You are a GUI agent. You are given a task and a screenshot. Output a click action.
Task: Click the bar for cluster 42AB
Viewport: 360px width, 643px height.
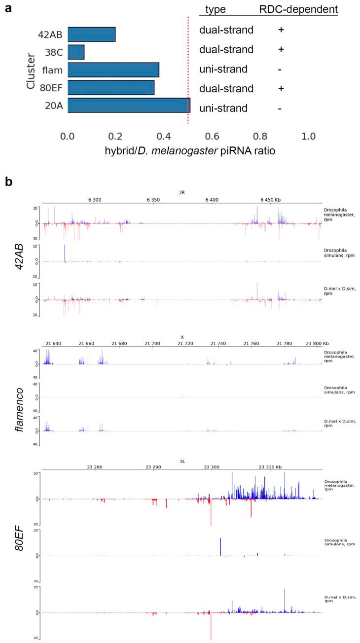pyautogui.click(x=91, y=34)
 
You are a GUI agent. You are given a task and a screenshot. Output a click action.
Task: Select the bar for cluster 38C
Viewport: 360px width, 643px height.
pyautogui.click(x=76, y=52)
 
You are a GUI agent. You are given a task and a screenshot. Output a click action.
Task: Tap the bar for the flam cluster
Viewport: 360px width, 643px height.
pyautogui.click(x=113, y=70)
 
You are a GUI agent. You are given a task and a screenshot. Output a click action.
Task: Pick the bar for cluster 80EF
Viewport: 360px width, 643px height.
pyautogui.click(x=111, y=87)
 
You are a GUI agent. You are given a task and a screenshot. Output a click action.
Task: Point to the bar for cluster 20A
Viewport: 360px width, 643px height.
pyautogui.click(x=129, y=105)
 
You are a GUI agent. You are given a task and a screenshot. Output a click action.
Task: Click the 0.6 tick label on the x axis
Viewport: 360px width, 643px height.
pyautogui.click(x=212, y=135)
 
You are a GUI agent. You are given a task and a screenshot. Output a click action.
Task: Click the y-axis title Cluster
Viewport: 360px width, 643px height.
pyautogui.click(x=31, y=70)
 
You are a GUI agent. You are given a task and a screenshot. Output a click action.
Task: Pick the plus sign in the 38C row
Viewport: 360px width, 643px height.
pyautogui.click(x=281, y=49)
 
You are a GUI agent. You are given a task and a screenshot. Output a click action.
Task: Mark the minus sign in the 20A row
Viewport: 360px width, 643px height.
pyautogui.click(x=280, y=108)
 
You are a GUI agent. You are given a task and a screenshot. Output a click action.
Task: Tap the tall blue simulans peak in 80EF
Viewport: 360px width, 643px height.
pyautogui.click(x=220, y=546)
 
